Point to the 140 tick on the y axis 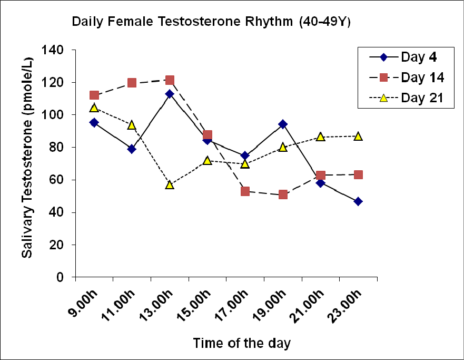60,50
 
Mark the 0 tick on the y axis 66,277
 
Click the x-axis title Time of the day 241,343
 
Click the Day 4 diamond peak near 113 170,94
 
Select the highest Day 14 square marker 170,80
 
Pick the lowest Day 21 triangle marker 170,184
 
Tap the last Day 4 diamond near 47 358,201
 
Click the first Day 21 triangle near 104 94,108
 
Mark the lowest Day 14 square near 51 283,194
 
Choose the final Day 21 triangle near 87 358,136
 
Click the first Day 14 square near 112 94,95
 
